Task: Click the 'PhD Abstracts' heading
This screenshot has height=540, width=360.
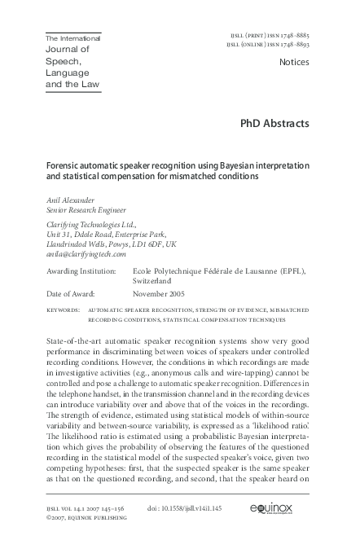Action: pos(274,124)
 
